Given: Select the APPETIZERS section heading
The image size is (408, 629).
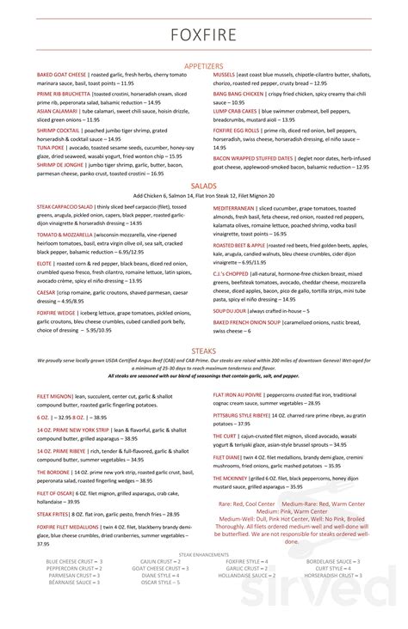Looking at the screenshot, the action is coord(203,65).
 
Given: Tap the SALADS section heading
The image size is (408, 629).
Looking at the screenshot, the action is coord(203,185).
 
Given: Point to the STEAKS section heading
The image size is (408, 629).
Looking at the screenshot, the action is coord(203,327).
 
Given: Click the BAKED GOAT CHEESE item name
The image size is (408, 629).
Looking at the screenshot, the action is coord(58,75).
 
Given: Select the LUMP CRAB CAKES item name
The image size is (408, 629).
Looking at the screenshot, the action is coord(236,111).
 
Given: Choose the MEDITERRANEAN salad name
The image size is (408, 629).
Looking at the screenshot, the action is coord(234,207).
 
